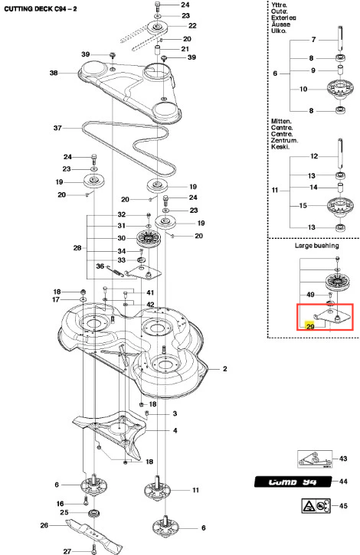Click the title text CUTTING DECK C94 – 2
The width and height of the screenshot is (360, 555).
pos(41,9)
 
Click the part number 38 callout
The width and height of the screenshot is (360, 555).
pos(54,73)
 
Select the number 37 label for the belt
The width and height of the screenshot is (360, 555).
pos(57,128)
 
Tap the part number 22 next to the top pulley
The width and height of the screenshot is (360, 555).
pos(192,26)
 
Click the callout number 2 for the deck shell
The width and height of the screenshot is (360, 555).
pos(224,369)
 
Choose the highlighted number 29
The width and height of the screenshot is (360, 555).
pos(310,326)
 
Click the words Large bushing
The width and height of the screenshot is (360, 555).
pos(317,246)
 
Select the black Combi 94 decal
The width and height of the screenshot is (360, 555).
pos(293,482)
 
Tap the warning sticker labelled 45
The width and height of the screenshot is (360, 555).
pos(316,506)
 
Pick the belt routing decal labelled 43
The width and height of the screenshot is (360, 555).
pos(315,459)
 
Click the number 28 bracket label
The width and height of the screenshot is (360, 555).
pos(77,248)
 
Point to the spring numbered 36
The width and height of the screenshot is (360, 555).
pos(115,271)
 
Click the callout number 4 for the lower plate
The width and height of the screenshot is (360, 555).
pos(175,430)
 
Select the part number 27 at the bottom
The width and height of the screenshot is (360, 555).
pos(67,551)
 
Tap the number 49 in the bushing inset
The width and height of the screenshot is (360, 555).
pos(310,295)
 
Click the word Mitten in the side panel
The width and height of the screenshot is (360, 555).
pos(281,122)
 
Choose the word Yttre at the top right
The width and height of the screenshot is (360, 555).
pos(280,5)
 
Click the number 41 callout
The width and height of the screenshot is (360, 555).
pos(150,292)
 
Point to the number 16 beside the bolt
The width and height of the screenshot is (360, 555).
pos(61,503)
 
